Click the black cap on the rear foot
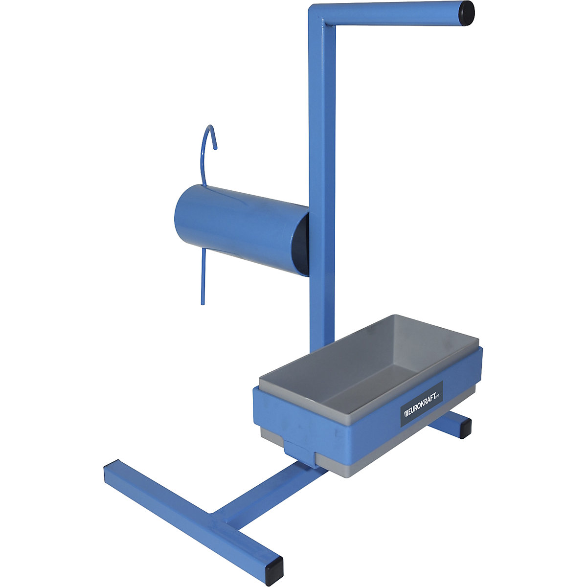click(x=463, y=429)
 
